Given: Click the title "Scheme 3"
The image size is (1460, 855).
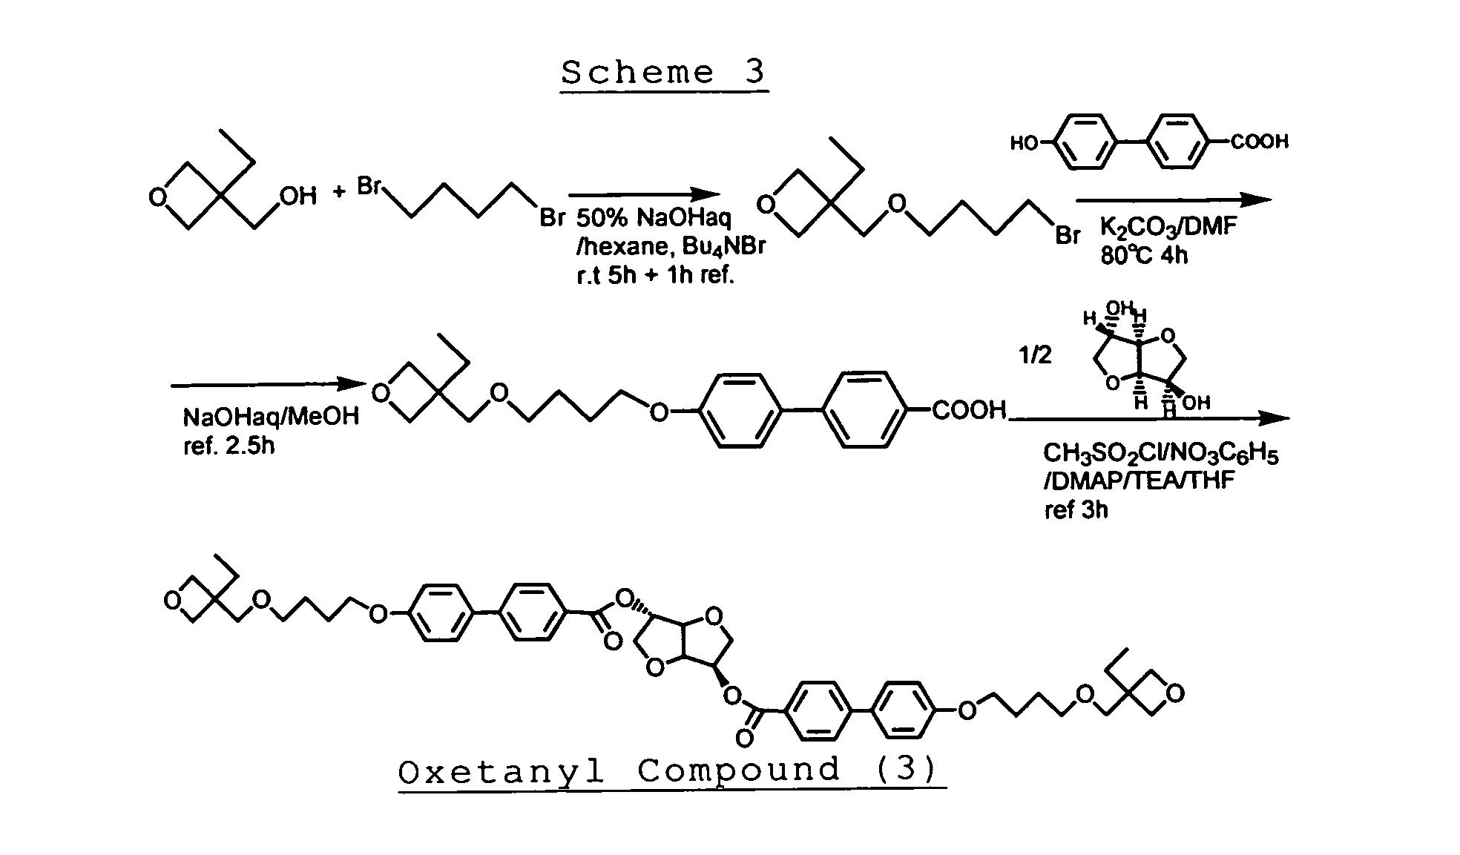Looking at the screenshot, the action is pyautogui.click(x=663, y=73).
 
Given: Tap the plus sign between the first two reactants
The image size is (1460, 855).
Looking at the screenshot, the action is pyautogui.click(x=339, y=193).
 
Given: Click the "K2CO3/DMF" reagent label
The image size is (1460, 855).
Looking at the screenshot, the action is pyautogui.click(x=1168, y=227).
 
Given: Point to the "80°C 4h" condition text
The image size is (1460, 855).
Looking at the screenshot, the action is pyautogui.click(x=1144, y=256).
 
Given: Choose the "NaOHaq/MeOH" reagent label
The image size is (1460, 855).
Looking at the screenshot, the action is pyautogui.click(x=272, y=417).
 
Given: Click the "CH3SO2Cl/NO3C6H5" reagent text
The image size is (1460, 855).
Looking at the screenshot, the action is pyautogui.click(x=1160, y=454).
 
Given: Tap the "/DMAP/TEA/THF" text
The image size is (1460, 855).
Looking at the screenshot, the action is pyautogui.click(x=1139, y=481).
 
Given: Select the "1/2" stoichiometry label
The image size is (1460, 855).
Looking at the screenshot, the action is pyautogui.click(x=1035, y=356).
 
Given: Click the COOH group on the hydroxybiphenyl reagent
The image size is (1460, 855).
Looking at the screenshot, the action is pyautogui.click(x=1260, y=142).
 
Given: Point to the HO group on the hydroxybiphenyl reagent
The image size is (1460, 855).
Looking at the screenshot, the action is pyautogui.click(x=1025, y=143).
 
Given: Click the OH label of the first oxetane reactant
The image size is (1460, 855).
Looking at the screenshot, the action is pyautogui.click(x=297, y=196).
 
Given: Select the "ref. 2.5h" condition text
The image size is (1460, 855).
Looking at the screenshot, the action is pyautogui.click(x=228, y=446).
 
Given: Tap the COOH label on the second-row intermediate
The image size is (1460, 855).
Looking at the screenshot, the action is pyautogui.click(x=968, y=410).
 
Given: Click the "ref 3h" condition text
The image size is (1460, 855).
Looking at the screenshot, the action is pyautogui.click(x=1076, y=510).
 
